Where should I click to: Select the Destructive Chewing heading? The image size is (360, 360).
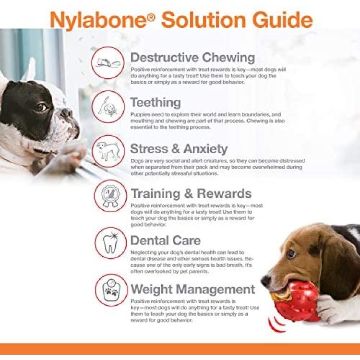pos(192,58)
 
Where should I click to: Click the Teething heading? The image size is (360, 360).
pos(156,102)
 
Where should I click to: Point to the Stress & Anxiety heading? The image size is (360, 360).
pos(179,149)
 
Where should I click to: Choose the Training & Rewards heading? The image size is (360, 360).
pos(191,193)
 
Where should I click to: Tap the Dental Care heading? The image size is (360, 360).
pos(166,240)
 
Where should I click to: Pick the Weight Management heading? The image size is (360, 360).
pos(193,289)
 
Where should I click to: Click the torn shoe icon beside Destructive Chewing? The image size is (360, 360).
pos(108,62)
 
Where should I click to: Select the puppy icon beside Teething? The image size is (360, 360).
pos(108,107)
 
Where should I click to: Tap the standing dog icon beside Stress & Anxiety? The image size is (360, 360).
pos(108,151)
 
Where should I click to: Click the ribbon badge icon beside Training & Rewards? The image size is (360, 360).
pos(110,196)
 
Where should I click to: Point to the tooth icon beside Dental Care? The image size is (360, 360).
pos(111,243)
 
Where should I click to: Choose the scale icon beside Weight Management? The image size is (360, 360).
pos(111,290)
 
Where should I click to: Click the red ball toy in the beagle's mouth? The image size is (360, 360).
pos(296,301)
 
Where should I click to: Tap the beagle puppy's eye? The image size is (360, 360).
pos(291,254)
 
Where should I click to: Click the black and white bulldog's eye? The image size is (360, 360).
pos(41,108)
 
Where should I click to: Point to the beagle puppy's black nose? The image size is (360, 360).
pos(266,281)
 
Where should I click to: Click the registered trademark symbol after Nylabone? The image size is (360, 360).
pos(151,17)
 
